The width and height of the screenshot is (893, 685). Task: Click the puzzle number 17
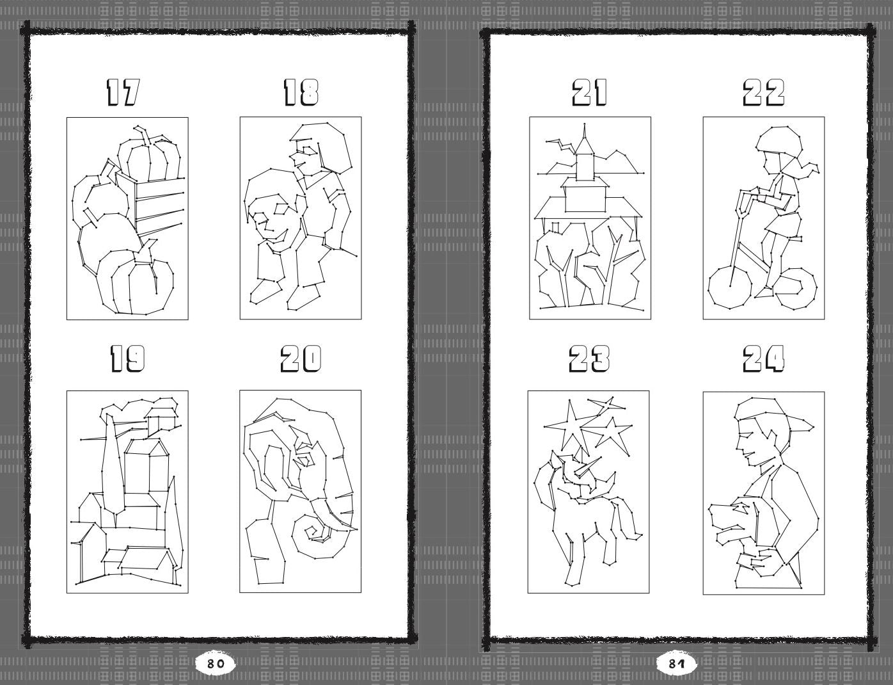point(122,93)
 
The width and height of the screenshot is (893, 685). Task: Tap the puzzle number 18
point(301,93)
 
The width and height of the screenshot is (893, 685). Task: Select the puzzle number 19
point(127,359)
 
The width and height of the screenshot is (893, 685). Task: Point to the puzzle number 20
point(301,359)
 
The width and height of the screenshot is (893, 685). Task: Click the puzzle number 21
point(589,93)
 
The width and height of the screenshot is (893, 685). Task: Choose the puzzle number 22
point(764,93)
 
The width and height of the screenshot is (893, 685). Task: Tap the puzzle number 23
point(589,359)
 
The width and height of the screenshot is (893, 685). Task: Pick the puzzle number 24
point(764,359)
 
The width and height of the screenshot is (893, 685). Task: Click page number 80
point(215,664)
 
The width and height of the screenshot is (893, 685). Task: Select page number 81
point(676,664)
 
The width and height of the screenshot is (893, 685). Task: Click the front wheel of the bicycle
point(709,288)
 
